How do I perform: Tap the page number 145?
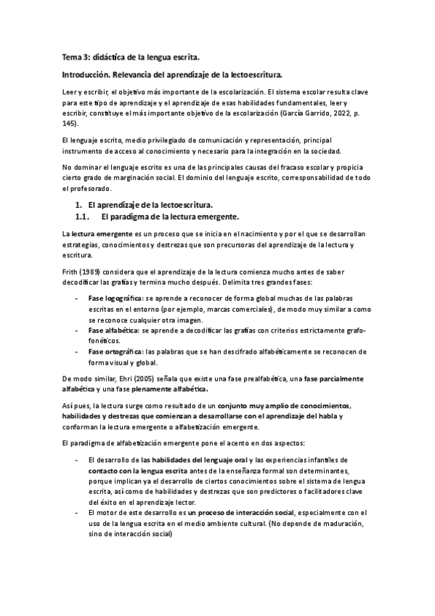(x=70, y=124)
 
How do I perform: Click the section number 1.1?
(x=82, y=216)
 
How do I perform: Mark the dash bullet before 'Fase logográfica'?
(x=78, y=298)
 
